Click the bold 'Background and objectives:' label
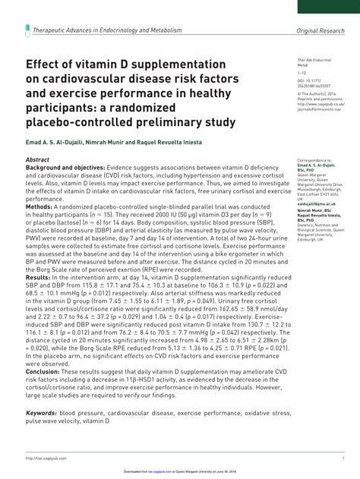click(x=65, y=169)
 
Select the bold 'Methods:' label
click(x=39, y=206)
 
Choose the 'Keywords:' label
click(x=41, y=413)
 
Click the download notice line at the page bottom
click(x=179, y=471)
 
